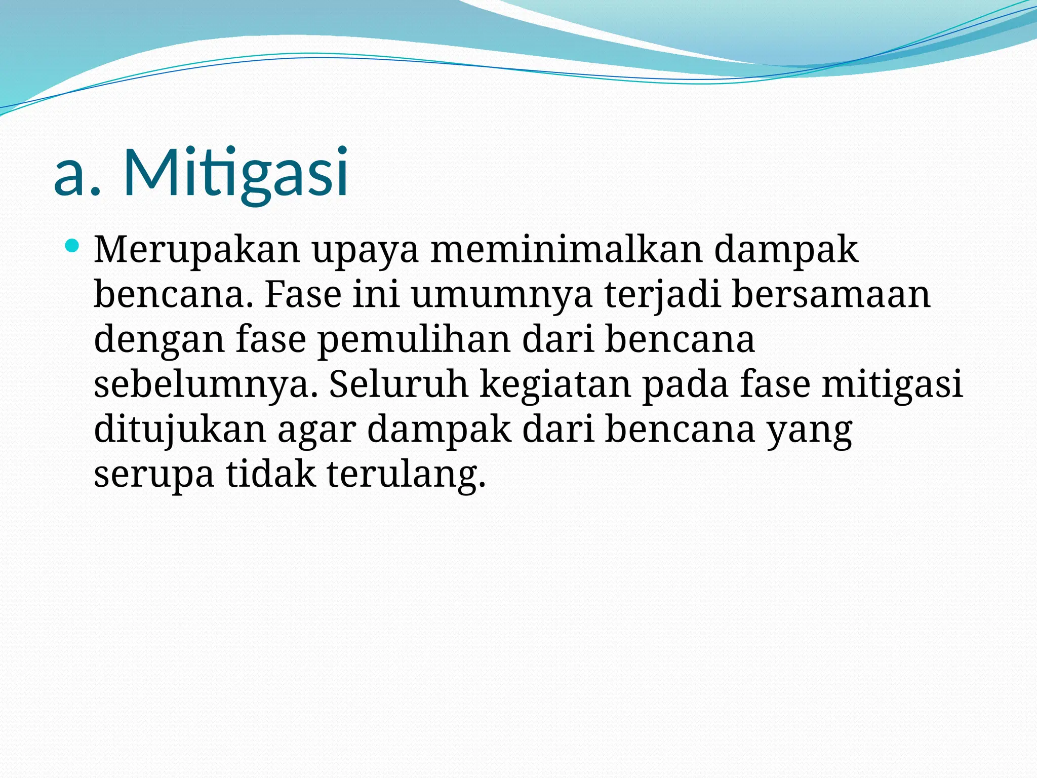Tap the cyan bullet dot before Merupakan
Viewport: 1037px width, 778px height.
pos(73,247)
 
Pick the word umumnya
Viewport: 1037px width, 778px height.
pos(501,295)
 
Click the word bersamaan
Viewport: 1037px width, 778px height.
pos(831,295)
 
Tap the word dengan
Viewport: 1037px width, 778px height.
pos(159,340)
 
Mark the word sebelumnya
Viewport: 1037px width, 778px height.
pos(206,385)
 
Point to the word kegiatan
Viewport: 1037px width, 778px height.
pos(555,385)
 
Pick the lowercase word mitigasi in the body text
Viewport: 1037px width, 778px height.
pos(892,385)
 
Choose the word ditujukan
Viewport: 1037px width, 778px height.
pos(180,430)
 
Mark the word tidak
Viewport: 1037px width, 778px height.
pos(270,474)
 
